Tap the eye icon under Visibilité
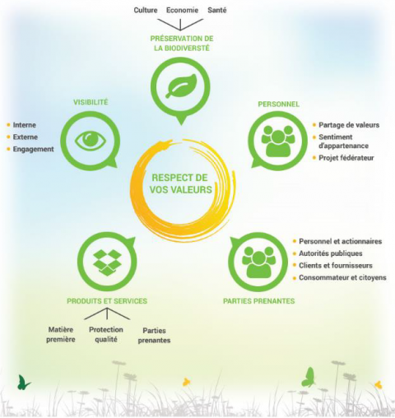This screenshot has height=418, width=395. pyautogui.click(x=91, y=140)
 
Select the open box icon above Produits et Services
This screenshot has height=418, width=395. pyautogui.click(x=107, y=262)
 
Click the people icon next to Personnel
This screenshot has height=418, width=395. pyautogui.click(x=278, y=141)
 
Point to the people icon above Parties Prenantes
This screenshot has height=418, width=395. pyautogui.click(x=258, y=262)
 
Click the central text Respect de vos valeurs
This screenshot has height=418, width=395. pyautogui.click(x=180, y=183)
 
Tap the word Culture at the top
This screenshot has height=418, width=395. pyautogui.click(x=146, y=10)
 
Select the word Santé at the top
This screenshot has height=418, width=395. pyautogui.click(x=217, y=10)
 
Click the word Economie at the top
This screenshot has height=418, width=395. pyautogui.click(x=182, y=10)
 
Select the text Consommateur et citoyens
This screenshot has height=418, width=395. pyautogui.click(x=342, y=277)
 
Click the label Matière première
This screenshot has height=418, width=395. pyautogui.click(x=61, y=334)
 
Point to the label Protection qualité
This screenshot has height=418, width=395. pyautogui.click(x=106, y=334)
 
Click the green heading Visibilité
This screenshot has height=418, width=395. pyautogui.click(x=91, y=102)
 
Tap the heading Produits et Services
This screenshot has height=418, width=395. pyautogui.click(x=107, y=301)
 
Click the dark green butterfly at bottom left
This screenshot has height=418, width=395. pyautogui.click(x=24, y=383)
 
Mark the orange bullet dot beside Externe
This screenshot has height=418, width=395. pyautogui.click(x=8, y=137)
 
